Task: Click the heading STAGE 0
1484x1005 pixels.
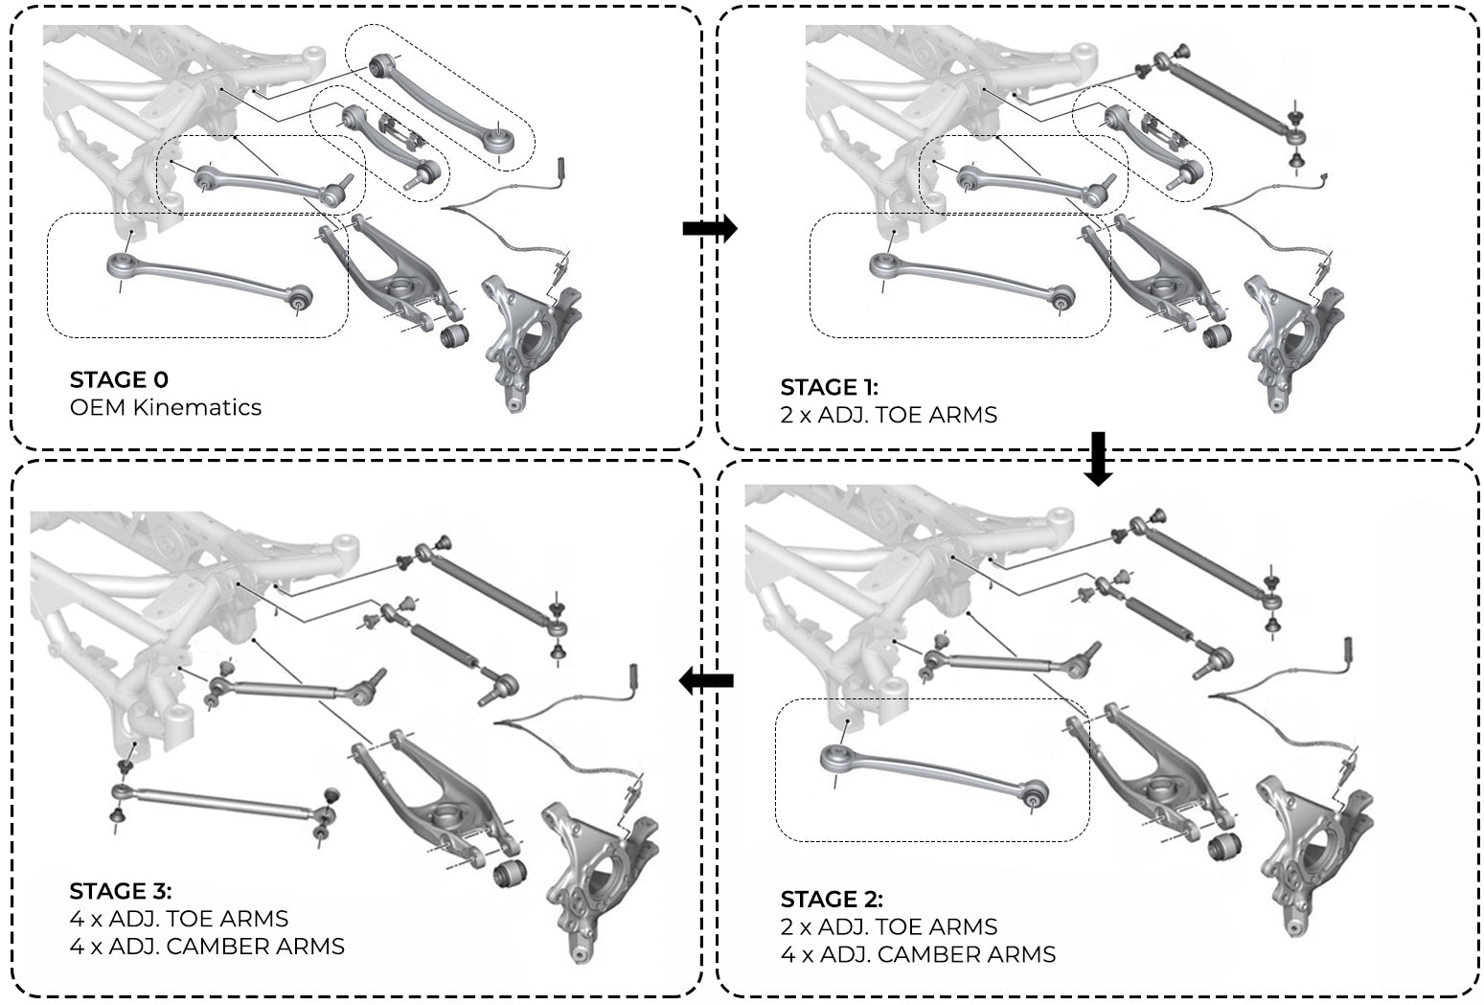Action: click(x=119, y=379)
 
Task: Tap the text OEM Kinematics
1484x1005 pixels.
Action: click(x=165, y=407)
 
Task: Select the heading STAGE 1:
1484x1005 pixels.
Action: click(x=829, y=387)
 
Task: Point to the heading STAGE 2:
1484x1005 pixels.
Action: click(x=832, y=899)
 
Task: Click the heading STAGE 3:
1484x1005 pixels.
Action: click(x=121, y=891)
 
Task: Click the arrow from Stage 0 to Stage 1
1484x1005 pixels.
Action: click(x=709, y=228)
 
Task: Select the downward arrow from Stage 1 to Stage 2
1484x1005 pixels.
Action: click(x=1098, y=457)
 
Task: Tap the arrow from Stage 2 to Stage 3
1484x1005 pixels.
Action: click(x=706, y=681)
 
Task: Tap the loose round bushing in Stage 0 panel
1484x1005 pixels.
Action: click(x=453, y=336)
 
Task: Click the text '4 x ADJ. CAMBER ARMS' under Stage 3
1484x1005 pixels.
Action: click(x=207, y=947)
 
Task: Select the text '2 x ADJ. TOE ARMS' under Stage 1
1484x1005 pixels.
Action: click(x=888, y=415)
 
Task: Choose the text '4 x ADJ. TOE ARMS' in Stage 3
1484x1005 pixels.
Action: click(x=179, y=919)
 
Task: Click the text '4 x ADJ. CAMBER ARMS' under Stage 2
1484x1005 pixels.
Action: click(x=918, y=954)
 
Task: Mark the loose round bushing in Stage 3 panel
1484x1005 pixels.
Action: click(x=509, y=873)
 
